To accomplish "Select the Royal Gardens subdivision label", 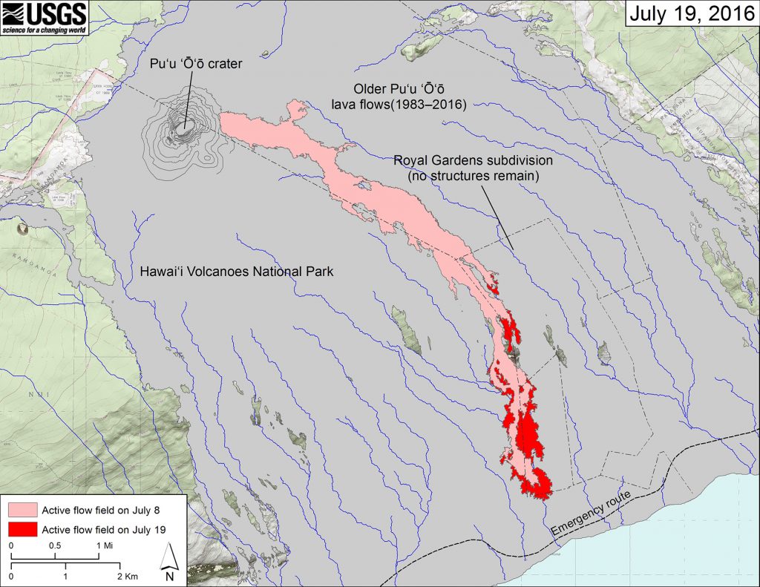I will [x=473, y=160].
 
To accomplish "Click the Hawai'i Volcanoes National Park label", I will [x=237, y=272].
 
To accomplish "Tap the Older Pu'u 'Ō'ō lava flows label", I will [x=399, y=97].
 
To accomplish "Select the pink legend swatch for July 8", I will [x=22, y=510].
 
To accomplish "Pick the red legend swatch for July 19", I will [x=22, y=529].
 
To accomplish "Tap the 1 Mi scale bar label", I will [x=103, y=545].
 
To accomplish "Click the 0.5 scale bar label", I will [x=56, y=545].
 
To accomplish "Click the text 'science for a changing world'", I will [x=45, y=30].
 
